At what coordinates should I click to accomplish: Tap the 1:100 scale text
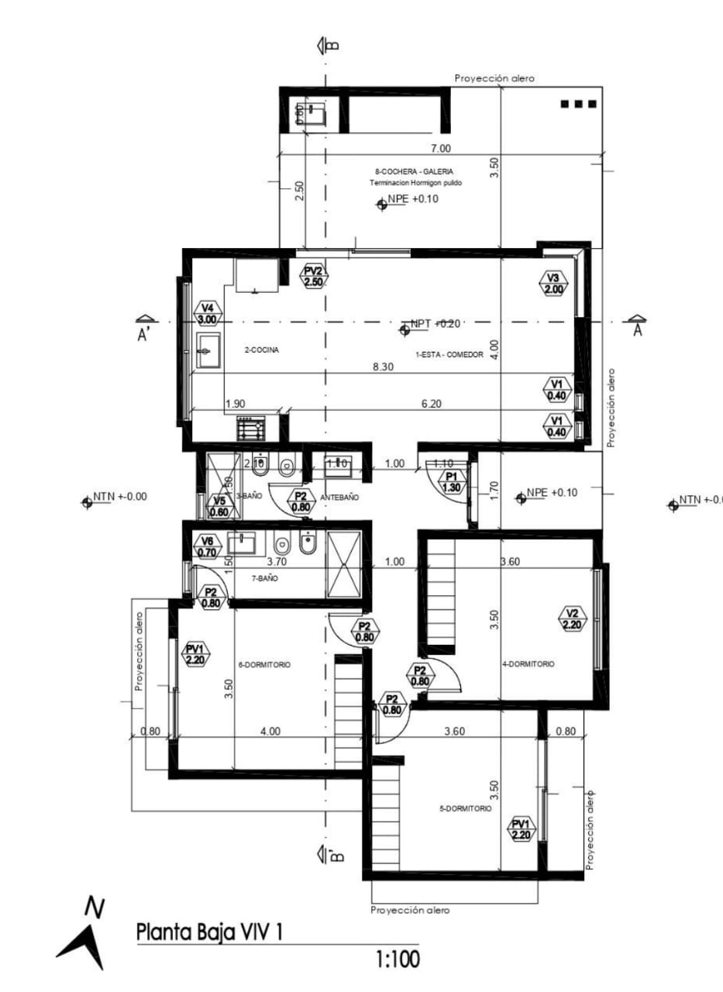pyautogui.click(x=398, y=959)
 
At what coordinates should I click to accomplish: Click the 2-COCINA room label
pyautogui.click(x=261, y=350)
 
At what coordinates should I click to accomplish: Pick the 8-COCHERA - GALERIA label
pyautogui.click(x=414, y=171)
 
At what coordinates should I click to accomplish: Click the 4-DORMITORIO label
pyautogui.click(x=528, y=664)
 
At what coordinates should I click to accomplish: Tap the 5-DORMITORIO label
pyautogui.click(x=465, y=808)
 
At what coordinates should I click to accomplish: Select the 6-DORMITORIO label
pyautogui.click(x=265, y=664)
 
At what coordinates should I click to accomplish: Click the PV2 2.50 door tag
pyautogui.click(x=313, y=277)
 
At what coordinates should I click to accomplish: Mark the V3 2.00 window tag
pyautogui.click(x=553, y=284)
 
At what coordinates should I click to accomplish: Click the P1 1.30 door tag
pyautogui.click(x=451, y=482)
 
